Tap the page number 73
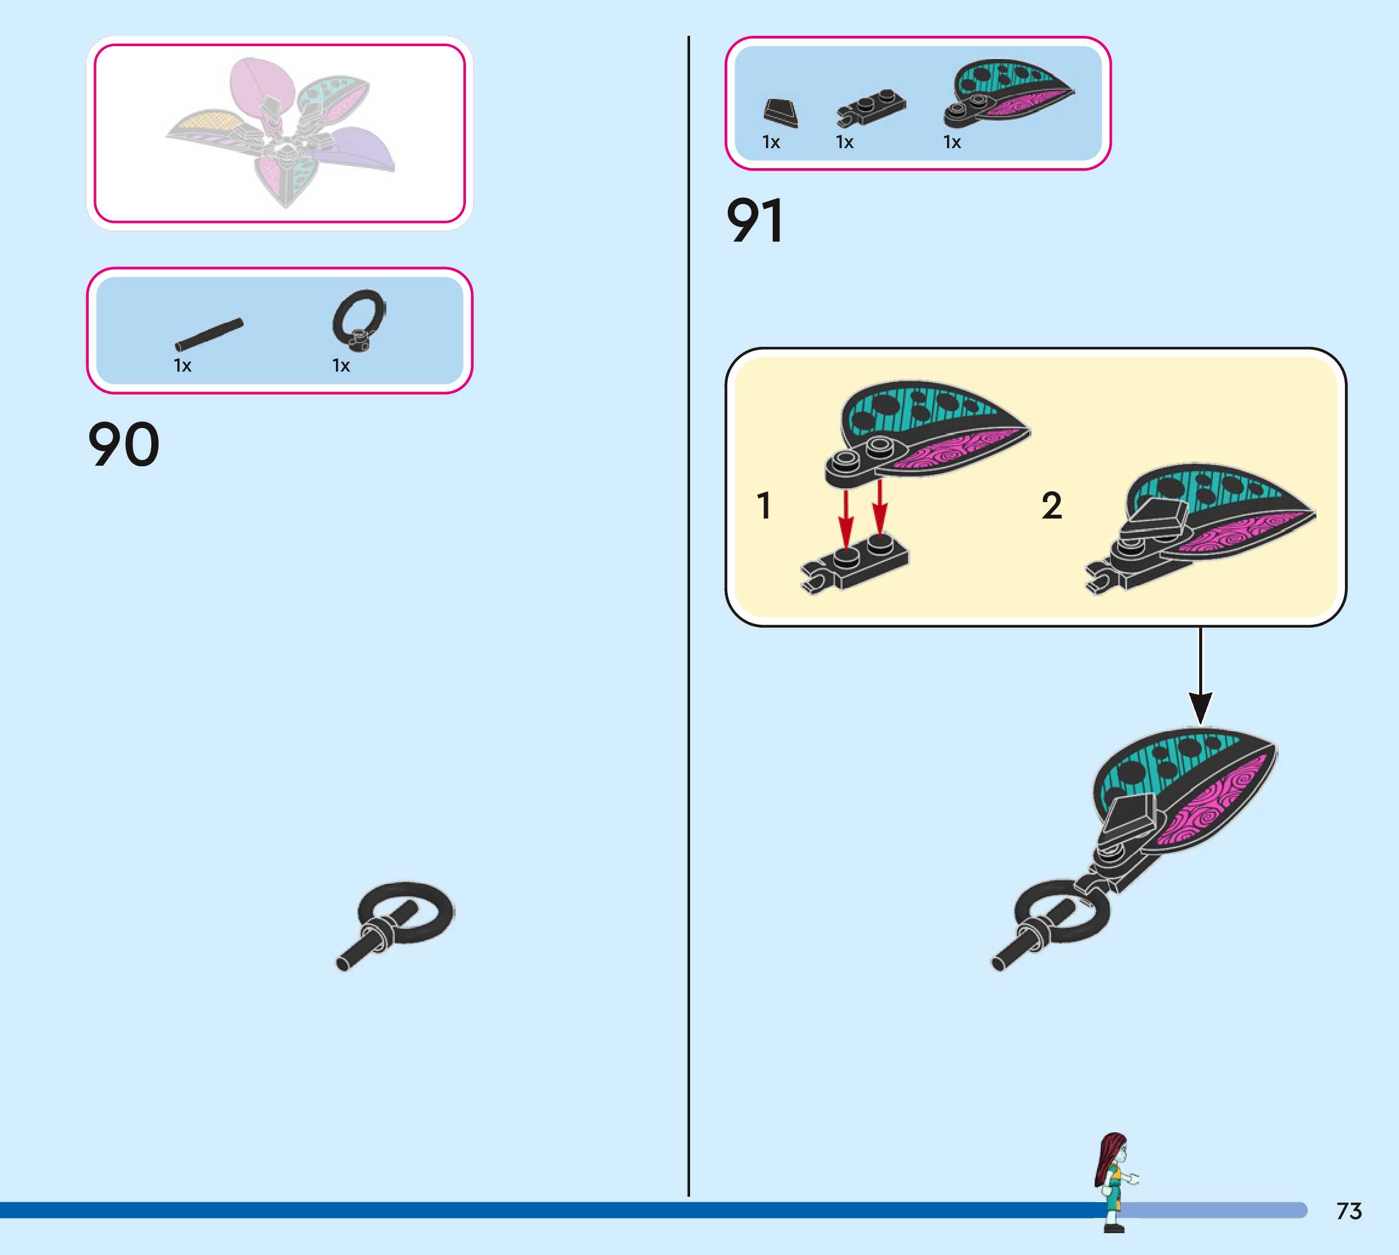click(x=1349, y=1211)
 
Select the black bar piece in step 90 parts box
click(x=208, y=335)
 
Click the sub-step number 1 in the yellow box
click(x=764, y=505)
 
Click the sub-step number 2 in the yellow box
click(x=1052, y=505)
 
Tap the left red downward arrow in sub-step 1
click(x=846, y=517)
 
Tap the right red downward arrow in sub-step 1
click(x=880, y=510)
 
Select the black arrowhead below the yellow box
click(x=1200, y=707)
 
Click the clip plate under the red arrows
click(x=855, y=562)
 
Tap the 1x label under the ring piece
click(x=341, y=366)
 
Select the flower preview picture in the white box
click(x=280, y=132)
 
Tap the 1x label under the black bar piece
click(x=182, y=366)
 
